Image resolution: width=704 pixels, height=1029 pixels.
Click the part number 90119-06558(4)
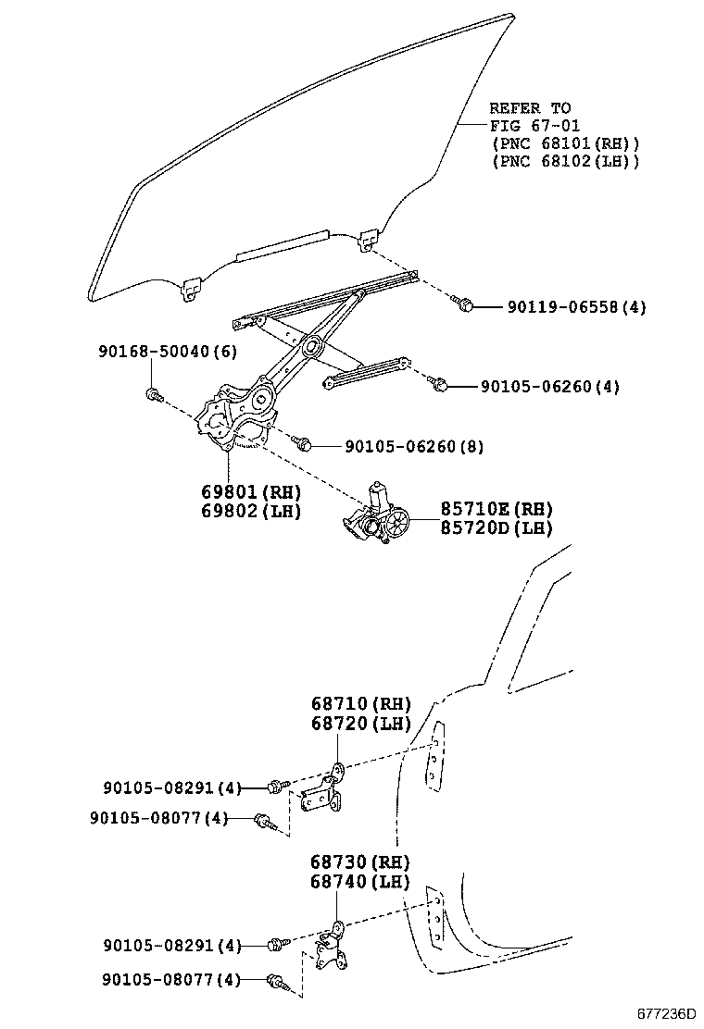575,307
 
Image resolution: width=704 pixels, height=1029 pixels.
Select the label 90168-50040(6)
168,352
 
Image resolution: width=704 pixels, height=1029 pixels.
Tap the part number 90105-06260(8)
413,447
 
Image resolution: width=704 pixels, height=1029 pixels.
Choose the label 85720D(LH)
496,529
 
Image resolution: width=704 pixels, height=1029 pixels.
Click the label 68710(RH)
360,704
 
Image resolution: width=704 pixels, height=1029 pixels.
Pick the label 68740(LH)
359,882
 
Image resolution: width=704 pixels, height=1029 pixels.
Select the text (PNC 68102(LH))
565,161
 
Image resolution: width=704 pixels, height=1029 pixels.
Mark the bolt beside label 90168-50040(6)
155,395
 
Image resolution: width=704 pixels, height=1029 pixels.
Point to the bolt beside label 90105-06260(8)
301,444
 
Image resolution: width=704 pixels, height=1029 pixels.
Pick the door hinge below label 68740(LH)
329,948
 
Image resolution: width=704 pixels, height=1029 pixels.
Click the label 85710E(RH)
496,509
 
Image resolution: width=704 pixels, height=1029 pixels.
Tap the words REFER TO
530,108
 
